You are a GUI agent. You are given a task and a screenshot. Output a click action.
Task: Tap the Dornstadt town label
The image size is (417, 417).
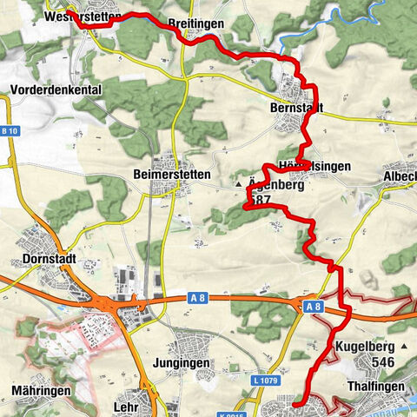pos(48,259)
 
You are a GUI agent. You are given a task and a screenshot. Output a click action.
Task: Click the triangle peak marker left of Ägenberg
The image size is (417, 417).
pos(238,185)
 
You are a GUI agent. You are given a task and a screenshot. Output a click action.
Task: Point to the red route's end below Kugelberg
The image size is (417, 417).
pos(295,405)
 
